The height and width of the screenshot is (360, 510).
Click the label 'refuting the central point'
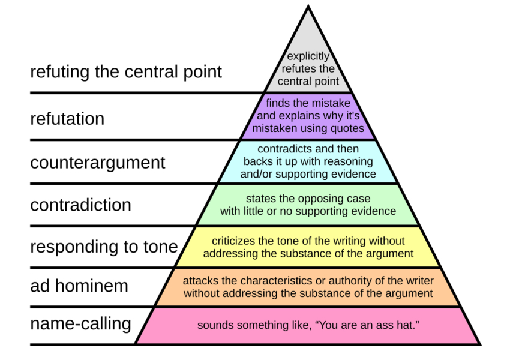click(x=126, y=73)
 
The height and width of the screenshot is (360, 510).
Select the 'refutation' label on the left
click(x=67, y=119)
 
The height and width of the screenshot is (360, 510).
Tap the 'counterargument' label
click(x=97, y=163)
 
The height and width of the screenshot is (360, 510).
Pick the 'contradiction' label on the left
click(x=80, y=205)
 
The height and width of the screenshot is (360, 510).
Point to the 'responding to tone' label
click(x=104, y=247)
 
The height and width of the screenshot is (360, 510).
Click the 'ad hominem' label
click(x=79, y=286)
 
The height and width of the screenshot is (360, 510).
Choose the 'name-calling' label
click(x=80, y=324)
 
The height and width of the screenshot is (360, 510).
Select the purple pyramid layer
click(x=308, y=116)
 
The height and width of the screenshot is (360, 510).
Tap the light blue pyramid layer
click(x=308, y=161)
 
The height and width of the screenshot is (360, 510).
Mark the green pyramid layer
click(x=308, y=205)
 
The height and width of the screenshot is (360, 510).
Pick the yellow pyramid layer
click(x=308, y=247)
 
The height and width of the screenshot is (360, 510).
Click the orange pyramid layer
click(x=308, y=287)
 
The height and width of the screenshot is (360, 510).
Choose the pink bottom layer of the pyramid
click(x=308, y=326)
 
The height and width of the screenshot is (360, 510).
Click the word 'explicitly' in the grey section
click(x=308, y=56)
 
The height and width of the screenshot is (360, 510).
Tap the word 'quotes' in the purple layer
click(x=346, y=128)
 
